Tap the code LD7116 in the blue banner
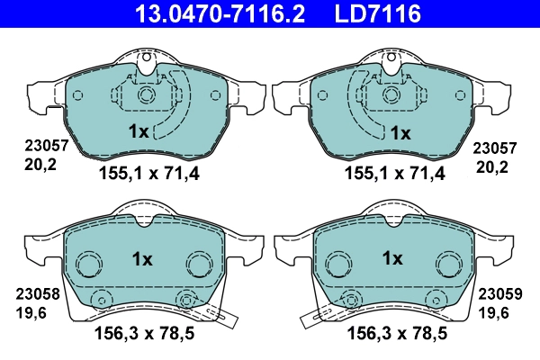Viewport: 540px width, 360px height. (x=379, y=13)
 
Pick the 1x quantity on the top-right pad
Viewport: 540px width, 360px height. (x=399, y=132)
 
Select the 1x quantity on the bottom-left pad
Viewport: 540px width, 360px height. (x=143, y=258)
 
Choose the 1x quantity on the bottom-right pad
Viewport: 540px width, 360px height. (x=391, y=258)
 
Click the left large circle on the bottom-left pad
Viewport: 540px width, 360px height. (x=88, y=265)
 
